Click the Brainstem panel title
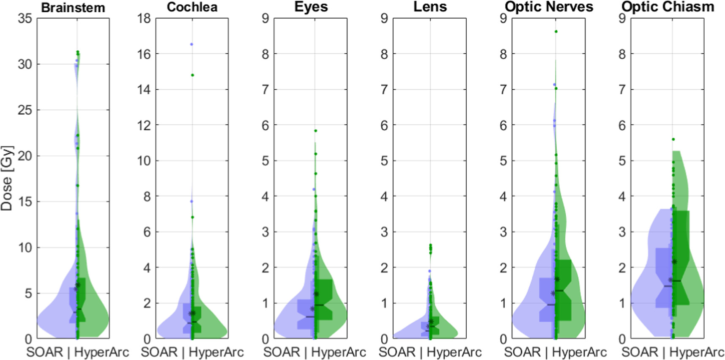(73, 8)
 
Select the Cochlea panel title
(192, 7)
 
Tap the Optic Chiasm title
(668, 7)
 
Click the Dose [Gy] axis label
(7, 178)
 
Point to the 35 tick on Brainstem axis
(25, 18)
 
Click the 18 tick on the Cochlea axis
(144, 18)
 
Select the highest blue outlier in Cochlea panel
(192, 44)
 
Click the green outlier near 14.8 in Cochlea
(192, 75)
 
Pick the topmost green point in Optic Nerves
(556, 31)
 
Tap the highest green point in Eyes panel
(315, 131)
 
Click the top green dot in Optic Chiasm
(673, 139)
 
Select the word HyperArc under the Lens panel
(454, 352)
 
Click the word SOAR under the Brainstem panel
(44, 352)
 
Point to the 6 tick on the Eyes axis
(265, 125)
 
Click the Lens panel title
(430, 7)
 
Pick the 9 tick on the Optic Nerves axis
(503, 18)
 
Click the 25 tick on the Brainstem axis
(25, 110)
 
